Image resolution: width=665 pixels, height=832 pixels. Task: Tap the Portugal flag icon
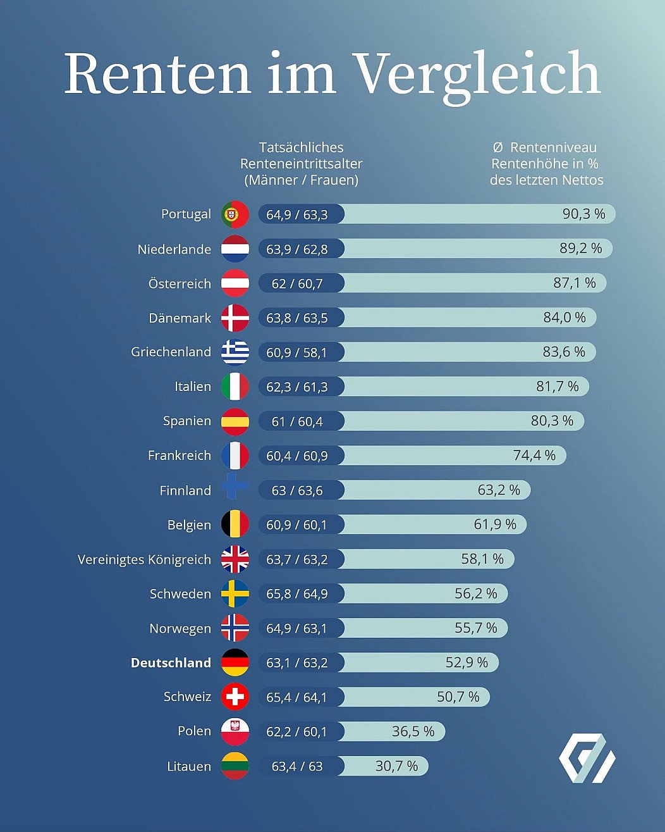(235, 214)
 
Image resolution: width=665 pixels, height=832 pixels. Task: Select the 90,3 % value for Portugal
(583, 214)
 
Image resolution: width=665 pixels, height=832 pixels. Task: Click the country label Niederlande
(174, 249)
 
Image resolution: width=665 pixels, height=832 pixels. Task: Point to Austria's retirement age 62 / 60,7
(297, 283)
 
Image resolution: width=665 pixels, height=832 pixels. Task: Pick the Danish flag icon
(235, 318)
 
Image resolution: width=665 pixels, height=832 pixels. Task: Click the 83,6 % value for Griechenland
(564, 352)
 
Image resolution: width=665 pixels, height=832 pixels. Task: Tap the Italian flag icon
(235, 387)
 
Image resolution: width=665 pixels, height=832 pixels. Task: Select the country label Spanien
(187, 421)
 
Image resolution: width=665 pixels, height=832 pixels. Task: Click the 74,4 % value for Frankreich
(534, 456)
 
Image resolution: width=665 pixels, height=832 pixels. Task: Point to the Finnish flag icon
(235, 490)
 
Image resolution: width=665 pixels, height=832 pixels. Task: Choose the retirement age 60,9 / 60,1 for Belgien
(297, 525)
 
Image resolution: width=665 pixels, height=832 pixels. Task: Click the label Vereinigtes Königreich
(144, 559)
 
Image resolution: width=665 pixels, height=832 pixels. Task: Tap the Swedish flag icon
(235, 593)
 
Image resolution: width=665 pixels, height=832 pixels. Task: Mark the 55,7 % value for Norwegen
(476, 628)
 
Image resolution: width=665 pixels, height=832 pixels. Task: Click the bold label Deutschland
(171, 662)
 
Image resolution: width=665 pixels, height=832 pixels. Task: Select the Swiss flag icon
(235, 697)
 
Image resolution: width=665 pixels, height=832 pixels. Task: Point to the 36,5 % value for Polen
(413, 731)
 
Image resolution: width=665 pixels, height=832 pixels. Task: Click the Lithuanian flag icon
(235, 766)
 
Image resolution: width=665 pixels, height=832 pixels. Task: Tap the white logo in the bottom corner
(587, 758)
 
